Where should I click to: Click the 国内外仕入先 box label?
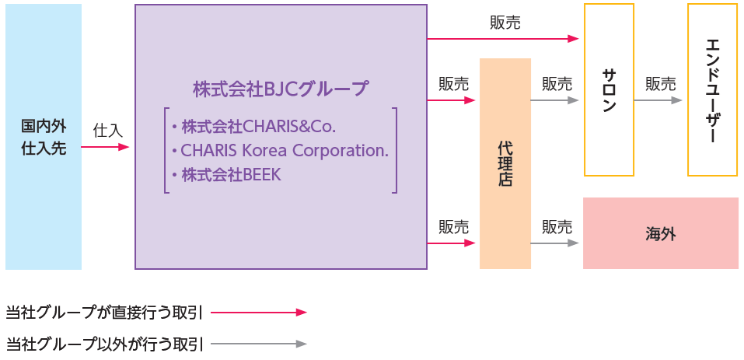[44, 137]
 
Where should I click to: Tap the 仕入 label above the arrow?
[107, 130]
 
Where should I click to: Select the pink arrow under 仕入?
[105, 146]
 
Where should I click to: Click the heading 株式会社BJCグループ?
[281, 89]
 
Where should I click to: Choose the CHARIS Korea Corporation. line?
[280, 150]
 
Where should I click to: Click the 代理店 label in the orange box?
[505, 163]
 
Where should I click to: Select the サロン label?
[609, 90]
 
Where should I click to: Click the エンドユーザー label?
[712, 90]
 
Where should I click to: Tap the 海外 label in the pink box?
[660, 233]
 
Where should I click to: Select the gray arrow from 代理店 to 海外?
[555, 243]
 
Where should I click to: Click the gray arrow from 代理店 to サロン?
[555, 100]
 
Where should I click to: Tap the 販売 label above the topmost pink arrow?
[505, 23]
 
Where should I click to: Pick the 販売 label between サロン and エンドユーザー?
[660, 84]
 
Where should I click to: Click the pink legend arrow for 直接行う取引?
[259, 313]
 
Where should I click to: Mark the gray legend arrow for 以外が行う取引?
[259, 343]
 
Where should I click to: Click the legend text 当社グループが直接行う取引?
[104, 313]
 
